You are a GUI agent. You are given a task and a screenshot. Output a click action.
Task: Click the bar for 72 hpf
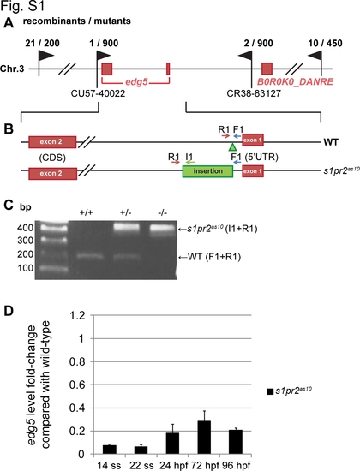pos(204,438)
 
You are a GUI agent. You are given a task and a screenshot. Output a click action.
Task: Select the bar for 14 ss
pos(110,450)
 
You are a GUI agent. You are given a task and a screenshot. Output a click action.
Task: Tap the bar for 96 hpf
pos(236,442)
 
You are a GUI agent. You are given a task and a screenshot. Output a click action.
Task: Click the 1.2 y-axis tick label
pos(77,316)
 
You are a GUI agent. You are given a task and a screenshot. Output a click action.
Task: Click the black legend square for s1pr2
pos(270,391)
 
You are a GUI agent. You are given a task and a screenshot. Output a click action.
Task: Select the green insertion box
pos(207,171)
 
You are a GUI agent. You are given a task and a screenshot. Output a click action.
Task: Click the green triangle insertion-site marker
pos(232,147)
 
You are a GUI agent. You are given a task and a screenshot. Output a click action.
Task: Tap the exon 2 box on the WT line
pos(52,142)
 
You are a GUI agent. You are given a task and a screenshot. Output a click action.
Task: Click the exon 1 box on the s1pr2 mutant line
pos(253,171)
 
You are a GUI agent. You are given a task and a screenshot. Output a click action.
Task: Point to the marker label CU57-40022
pos(98,93)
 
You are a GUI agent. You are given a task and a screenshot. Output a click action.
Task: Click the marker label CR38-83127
pos(254,93)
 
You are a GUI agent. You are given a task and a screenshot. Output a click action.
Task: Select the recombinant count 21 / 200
pos(42,44)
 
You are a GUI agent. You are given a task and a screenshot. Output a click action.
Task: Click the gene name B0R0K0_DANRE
pos(295,81)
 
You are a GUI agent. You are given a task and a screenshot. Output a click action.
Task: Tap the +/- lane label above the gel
pos(125,213)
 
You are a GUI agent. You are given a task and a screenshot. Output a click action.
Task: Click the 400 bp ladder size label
pos(25,228)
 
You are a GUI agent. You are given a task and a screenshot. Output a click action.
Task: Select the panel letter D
pos(9,311)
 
